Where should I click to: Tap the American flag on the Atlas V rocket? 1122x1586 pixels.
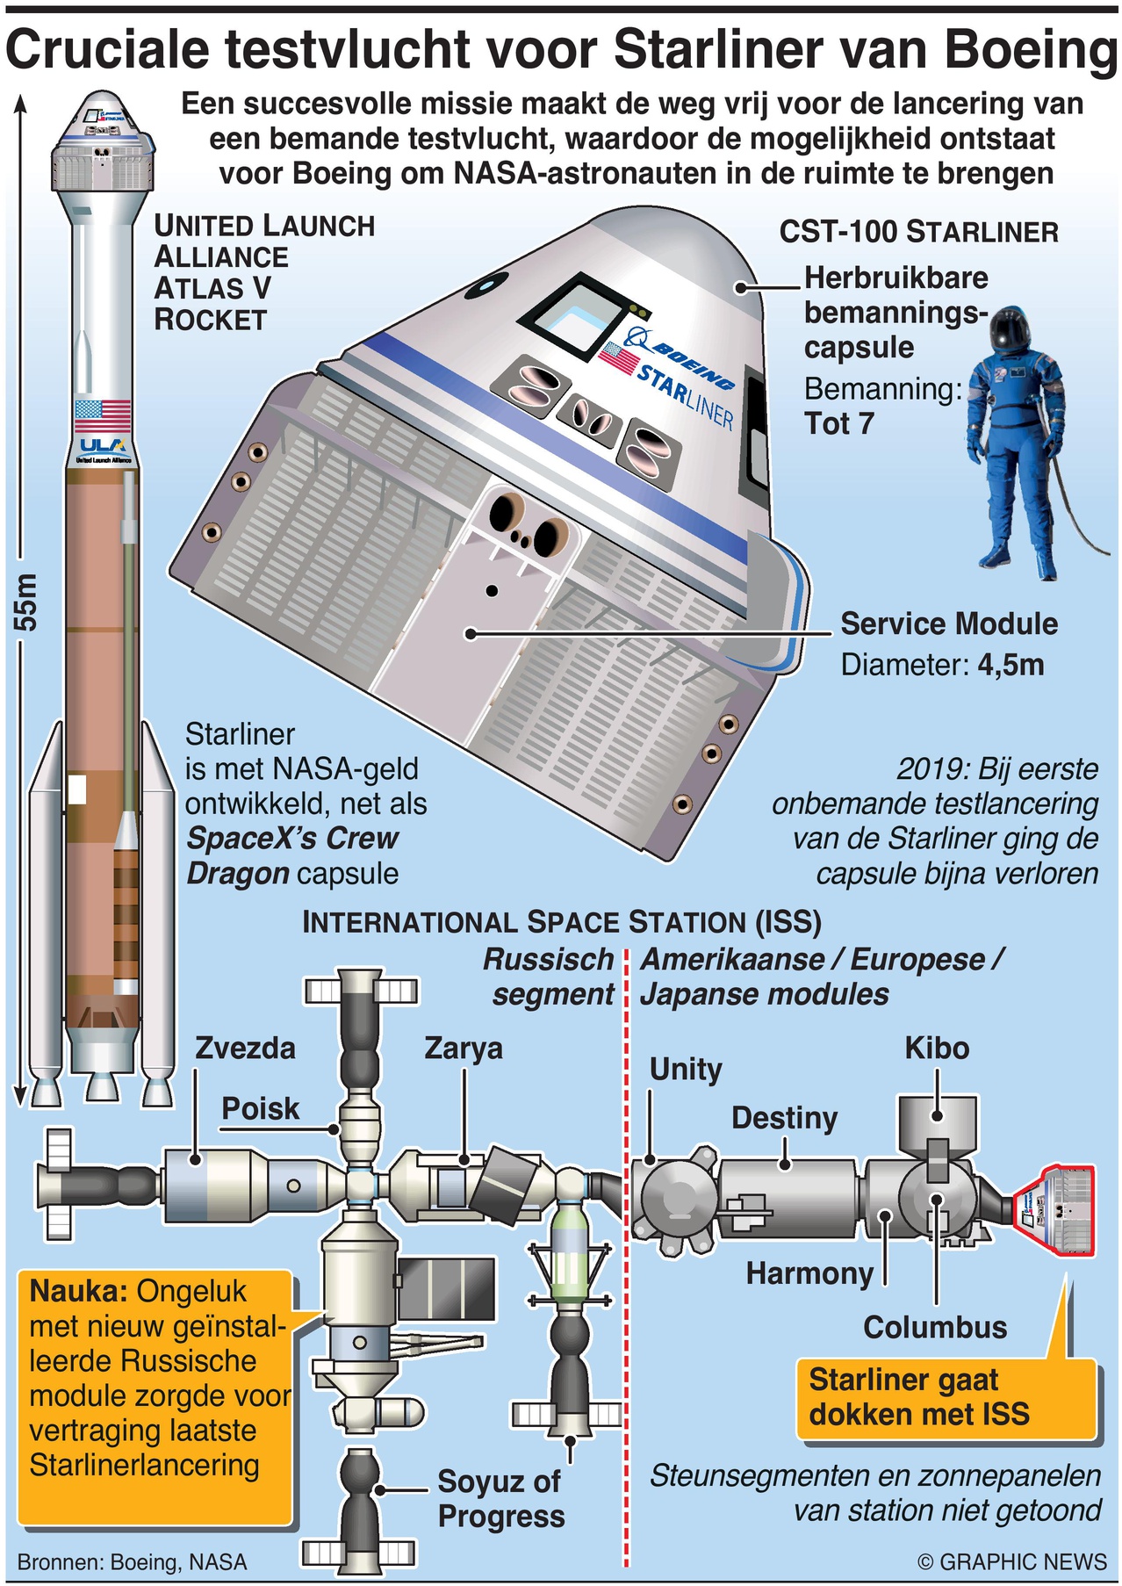click(x=102, y=414)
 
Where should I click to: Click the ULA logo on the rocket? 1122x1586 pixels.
click(x=103, y=446)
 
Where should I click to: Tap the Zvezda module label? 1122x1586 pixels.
click(x=245, y=1048)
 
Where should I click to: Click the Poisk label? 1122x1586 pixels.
click(x=260, y=1108)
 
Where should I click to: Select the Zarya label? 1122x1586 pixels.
click(x=463, y=1048)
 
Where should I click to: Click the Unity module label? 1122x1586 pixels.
click(x=686, y=1069)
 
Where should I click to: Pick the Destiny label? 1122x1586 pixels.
click(x=784, y=1118)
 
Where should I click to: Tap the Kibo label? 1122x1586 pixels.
click(x=937, y=1048)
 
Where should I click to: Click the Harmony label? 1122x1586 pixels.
click(x=809, y=1273)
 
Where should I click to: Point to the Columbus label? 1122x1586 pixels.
click(x=935, y=1327)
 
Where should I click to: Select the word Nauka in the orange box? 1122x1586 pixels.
click(x=79, y=1291)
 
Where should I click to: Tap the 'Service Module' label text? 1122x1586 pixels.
click(x=949, y=624)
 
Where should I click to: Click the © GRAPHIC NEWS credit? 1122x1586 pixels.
click(x=1011, y=1561)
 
